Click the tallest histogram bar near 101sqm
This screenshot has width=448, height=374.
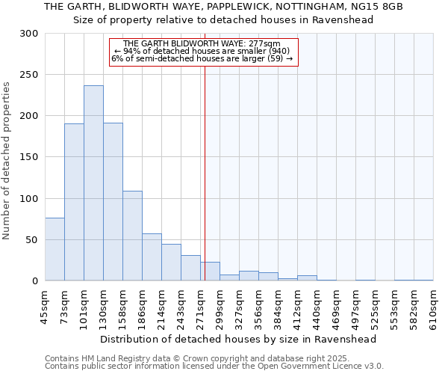[x=93, y=183]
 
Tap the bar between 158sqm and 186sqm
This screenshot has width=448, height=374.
[x=132, y=236]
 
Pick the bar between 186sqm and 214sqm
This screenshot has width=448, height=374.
[x=152, y=257]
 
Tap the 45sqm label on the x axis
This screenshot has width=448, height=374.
[x=45, y=306]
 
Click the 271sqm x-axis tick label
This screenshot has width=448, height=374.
[x=200, y=306]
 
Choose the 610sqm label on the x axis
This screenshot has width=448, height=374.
[x=433, y=306]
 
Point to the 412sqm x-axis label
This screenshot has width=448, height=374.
[x=297, y=306]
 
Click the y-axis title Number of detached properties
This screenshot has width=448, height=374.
[x=7, y=160]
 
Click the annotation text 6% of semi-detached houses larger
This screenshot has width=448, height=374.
[x=202, y=58]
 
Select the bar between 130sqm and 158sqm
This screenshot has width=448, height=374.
[x=113, y=202]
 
